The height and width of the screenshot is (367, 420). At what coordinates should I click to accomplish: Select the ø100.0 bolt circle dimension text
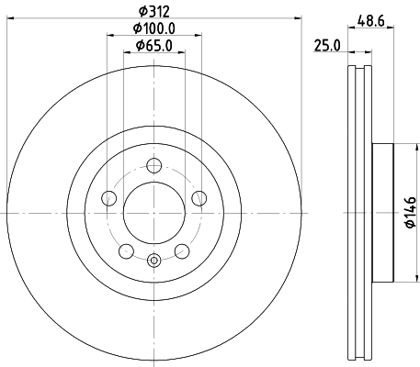click(154, 29)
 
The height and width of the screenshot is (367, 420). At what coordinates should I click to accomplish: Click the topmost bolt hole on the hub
click(154, 165)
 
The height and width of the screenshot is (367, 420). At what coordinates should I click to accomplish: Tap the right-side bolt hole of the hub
click(199, 197)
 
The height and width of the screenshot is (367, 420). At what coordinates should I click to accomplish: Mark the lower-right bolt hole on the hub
click(182, 249)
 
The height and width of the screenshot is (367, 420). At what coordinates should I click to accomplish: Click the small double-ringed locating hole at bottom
click(154, 260)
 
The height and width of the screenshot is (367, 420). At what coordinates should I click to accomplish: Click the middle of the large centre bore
click(154, 211)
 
